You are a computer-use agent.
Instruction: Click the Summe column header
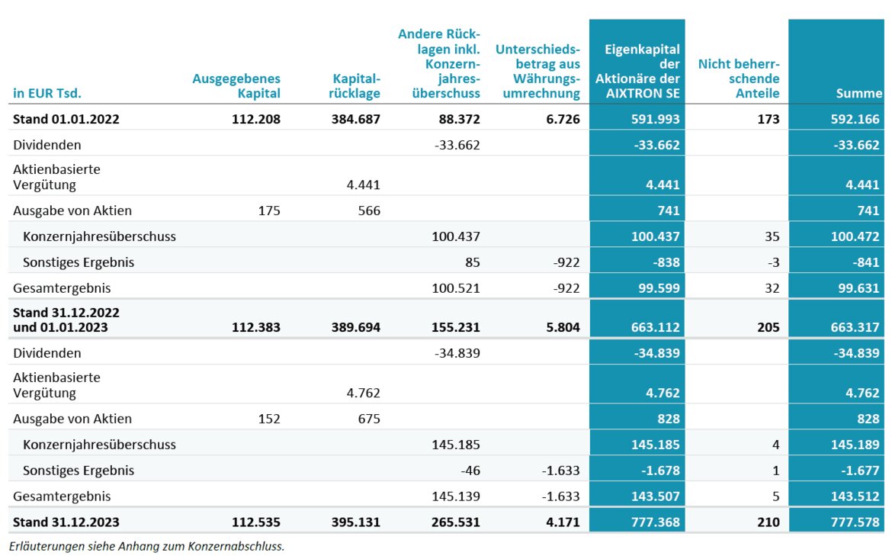[859, 93]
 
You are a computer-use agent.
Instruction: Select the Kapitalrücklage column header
[355, 86]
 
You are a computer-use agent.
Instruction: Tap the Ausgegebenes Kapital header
[236, 86]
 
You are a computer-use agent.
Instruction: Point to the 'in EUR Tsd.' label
[47, 93]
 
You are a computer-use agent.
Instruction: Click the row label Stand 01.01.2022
[66, 119]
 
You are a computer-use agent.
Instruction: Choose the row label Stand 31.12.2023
[66, 522]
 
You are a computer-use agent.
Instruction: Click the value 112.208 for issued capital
[256, 119]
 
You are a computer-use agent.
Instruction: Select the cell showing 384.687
[355, 119]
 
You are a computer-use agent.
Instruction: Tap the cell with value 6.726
[563, 119]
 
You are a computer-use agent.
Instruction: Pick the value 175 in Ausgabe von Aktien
[269, 211]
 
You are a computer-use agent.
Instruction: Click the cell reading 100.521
[456, 288]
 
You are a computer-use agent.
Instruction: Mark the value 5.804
[563, 327]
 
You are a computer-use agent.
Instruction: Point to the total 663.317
[855, 327]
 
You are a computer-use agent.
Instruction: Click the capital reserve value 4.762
[364, 393]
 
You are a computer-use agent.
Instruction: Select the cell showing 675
[369, 419]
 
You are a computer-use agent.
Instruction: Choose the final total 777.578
[855, 522]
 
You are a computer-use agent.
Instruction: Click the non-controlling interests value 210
[768, 522]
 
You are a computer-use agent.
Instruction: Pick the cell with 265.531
[456, 522]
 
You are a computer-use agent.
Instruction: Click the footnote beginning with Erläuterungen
[147, 546]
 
